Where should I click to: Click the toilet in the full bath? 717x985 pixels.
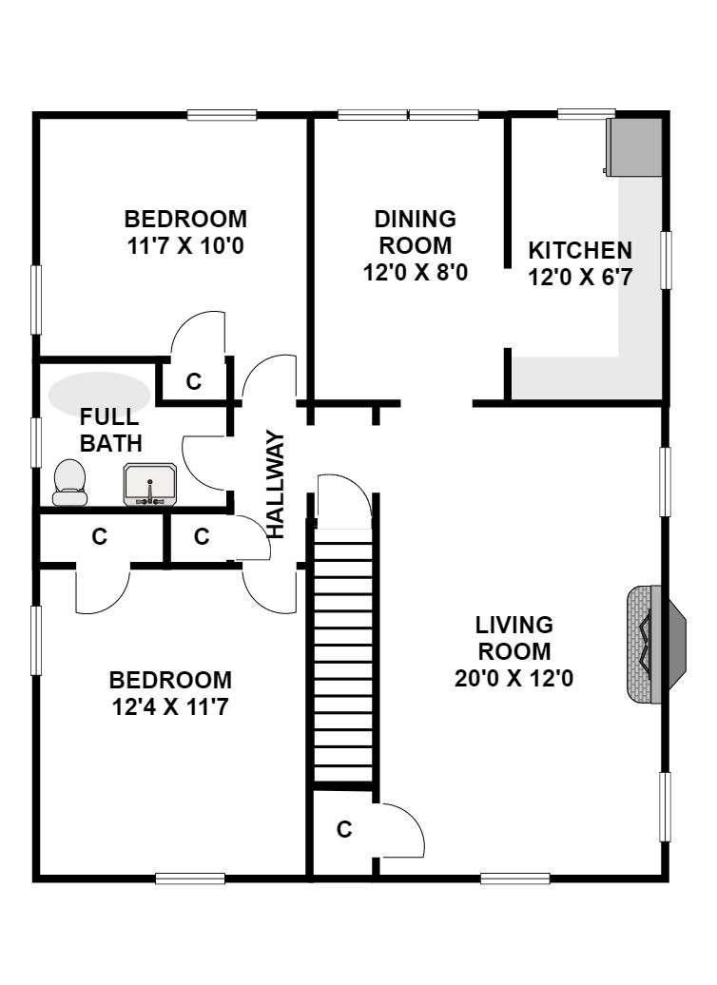(x=69, y=482)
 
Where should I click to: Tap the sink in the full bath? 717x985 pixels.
(x=150, y=484)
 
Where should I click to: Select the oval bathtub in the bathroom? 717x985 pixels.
(x=100, y=395)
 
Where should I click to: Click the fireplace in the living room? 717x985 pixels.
(x=656, y=644)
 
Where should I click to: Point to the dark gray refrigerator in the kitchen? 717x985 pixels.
(x=633, y=147)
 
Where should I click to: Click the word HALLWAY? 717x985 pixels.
(x=275, y=484)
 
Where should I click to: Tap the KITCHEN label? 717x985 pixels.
(x=580, y=250)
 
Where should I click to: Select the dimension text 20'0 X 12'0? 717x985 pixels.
(x=514, y=679)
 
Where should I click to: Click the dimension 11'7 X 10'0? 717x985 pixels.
(x=185, y=245)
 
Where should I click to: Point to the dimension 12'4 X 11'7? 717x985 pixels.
(x=169, y=708)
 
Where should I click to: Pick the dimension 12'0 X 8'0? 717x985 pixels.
(x=416, y=273)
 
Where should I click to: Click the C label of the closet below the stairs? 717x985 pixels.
(x=343, y=830)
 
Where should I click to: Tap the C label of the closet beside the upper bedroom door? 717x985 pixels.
(x=194, y=381)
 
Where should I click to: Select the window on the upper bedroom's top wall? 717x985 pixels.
(x=222, y=115)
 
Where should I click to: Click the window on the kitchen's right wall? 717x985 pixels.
(x=666, y=261)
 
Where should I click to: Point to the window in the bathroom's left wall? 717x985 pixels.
(x=36, y=442)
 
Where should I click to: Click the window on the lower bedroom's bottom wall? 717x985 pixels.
(x=190, y=879)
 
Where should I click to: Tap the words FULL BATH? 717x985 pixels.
(x=111, y=431)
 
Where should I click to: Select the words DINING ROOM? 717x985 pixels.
(x=416, y=232)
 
